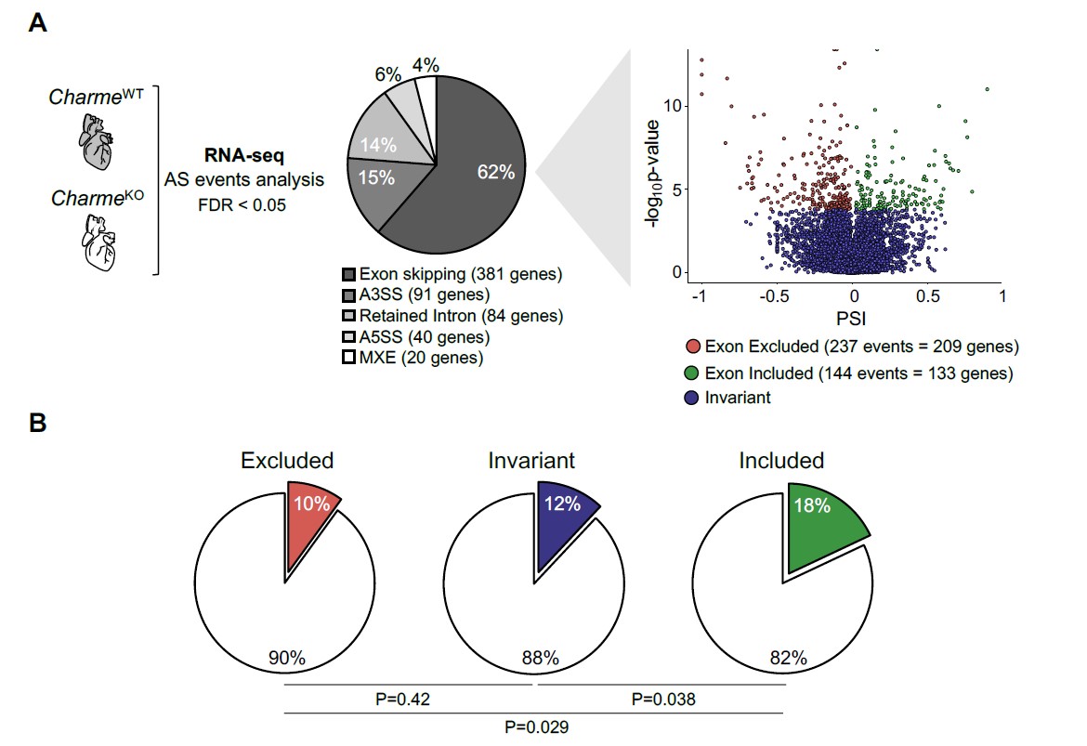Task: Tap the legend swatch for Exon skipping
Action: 349,275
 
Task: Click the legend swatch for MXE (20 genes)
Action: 349,358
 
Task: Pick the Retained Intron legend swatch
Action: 349,316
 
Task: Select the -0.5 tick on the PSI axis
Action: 776,294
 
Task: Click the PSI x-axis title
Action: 852,318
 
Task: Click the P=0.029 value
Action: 534,726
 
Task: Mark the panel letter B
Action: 38,423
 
